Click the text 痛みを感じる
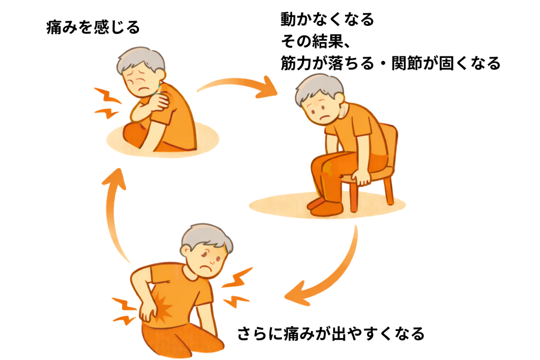coord(93,27)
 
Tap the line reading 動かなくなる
coord(327,20)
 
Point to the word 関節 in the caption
coord(408,63)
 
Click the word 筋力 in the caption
coord(296,63)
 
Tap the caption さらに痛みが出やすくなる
coord(331,334)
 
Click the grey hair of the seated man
coord(319,88)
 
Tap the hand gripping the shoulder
coord(158,103)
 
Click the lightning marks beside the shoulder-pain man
coord(108,103)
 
